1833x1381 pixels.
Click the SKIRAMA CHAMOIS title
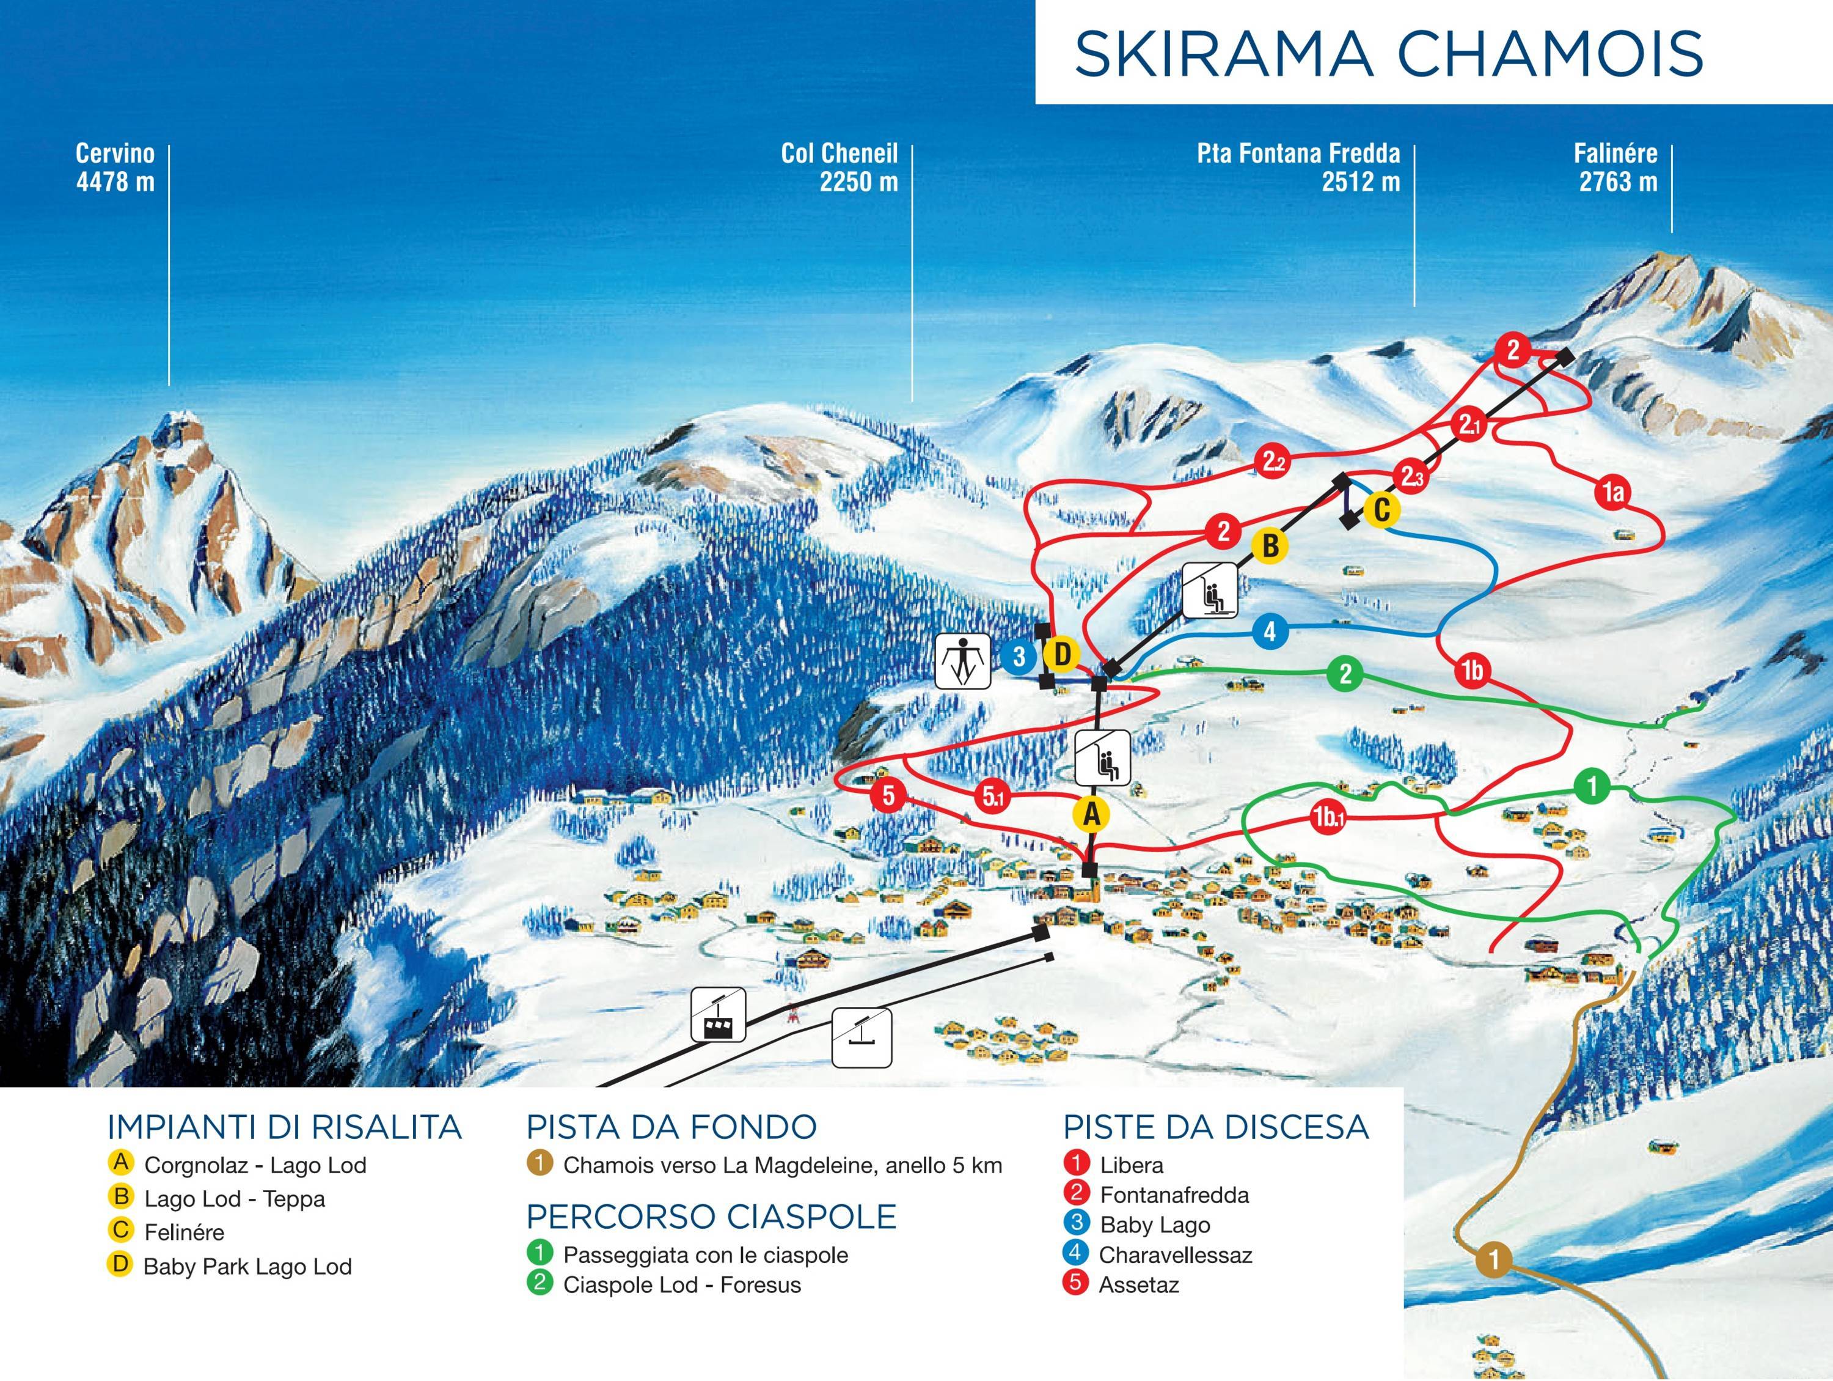1388,53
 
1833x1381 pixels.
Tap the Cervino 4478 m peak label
115,168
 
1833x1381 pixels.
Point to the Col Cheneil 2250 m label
840,168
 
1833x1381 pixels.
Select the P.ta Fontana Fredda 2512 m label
1298,168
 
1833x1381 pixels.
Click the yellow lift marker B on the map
1270,547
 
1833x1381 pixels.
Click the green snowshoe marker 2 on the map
1345,673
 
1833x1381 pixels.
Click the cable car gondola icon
719,1015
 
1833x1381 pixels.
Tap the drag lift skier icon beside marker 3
962,661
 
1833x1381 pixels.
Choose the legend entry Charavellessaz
1174,1255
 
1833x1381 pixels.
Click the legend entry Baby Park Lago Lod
247,1267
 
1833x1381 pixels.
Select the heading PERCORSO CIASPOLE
711,1216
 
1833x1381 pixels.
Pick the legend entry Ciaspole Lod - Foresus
681,1285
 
